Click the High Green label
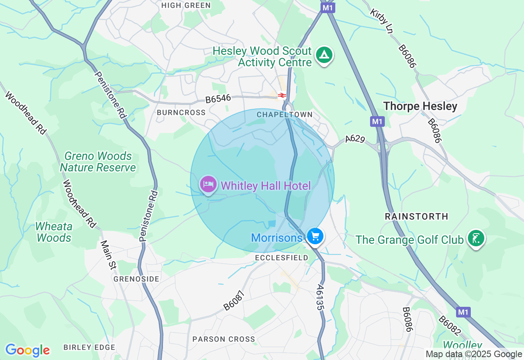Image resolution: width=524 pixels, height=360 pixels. pyautogui.click(x=186, y=5)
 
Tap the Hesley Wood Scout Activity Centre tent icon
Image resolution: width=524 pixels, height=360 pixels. pyautogui.click(x=324, y=55)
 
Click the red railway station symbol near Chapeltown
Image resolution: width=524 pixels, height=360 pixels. pyautogui.click(x=282, y=95)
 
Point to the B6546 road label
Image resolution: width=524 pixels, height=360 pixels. pyautogui.click(x=218, y=99)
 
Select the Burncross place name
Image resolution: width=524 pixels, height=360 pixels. pyautogui.click(x=181, y=112)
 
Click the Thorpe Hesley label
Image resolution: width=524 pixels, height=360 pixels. pyautogui.click(x=420, y=106)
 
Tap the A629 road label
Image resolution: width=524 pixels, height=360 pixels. pyautogui.click(x=355, y=139)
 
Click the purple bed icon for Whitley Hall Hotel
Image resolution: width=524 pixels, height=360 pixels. pyautogui.click(x=208, y=184)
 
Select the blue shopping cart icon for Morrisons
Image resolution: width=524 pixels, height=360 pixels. pyautogui.click(x=315, y=236)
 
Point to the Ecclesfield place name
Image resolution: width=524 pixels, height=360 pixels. pyautogui.click(x=281, y=258)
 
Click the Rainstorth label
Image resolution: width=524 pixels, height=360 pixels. pyautogui.click(x=416, y=216)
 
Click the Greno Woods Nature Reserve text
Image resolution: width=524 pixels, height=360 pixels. pyautogui.click(x=98, y=162)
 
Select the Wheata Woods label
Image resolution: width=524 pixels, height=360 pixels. pyautogui.click(x=54, y=232)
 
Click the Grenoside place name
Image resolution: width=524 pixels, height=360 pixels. pyautogui.click(x=136, y=279)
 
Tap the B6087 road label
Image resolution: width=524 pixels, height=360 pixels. pyautogui.click(x=234, y=301)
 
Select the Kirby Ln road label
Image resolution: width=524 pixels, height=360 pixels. pyautogui.click(x=382, y=21)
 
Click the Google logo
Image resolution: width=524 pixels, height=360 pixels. pyautogui.click(x=27, y=350)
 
